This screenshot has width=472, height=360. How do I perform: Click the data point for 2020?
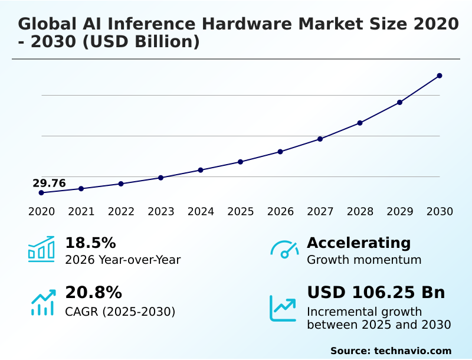(41, 193)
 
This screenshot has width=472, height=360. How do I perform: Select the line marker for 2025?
(240, 162)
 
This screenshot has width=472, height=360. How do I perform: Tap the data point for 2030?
(440, 76)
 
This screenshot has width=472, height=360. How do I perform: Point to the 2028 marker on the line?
(360, 123)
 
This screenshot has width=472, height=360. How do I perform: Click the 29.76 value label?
(49, 183)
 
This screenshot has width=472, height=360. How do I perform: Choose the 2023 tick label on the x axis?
(160, 212)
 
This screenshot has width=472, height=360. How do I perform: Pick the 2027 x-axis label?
(320, 212)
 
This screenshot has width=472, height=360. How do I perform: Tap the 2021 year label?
(81, 212)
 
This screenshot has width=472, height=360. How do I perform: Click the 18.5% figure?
(90, 243)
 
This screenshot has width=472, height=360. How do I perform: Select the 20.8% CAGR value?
(93, 293)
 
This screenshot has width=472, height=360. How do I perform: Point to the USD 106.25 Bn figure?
(376, 293)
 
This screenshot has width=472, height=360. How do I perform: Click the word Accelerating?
(359, 243)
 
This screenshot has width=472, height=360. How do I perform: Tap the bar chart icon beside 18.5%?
(41, 250)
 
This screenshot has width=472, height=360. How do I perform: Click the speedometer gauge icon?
(284, 250)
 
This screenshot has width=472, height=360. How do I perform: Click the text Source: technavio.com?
(391, 351)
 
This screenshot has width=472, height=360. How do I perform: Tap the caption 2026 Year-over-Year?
(123, 260)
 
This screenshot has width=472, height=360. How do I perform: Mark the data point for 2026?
(280, 152)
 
